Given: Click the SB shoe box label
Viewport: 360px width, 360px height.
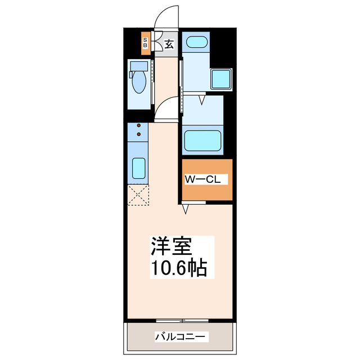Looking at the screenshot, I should (x=145, y=43).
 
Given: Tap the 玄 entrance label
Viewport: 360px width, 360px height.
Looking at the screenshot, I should (x=168, y=43).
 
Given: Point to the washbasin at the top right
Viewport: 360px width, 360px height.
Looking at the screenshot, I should (x=196, y=42).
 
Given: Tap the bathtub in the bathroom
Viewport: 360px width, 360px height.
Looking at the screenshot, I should (x=203, y=139).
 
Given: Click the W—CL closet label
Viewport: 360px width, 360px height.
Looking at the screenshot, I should (x=206, y=180).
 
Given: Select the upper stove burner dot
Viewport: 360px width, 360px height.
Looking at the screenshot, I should (x=138, y=127).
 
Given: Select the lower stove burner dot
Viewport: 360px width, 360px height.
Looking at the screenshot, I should (x=138, y=135).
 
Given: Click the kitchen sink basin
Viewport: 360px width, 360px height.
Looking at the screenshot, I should (x=138, y=168).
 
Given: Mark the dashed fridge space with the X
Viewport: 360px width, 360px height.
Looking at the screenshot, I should (x=138, y=195).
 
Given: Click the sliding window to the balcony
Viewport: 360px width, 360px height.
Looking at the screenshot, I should (x=182, y=321).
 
